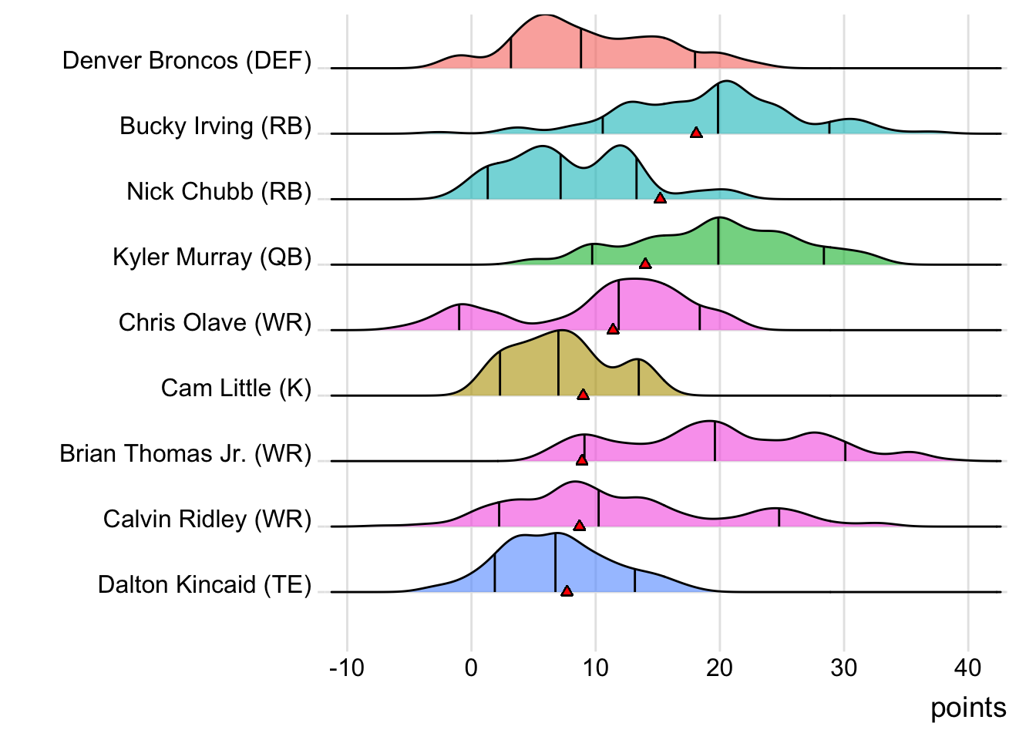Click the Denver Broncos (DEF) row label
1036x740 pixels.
click(187, 60)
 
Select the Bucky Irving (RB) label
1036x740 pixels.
click(215, 126)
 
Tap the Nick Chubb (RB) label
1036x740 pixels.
click(219, 191)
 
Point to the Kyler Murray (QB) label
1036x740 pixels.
click(212, 257)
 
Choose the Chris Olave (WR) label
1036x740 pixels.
click(215, 322)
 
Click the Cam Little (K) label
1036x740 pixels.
click(236, 388)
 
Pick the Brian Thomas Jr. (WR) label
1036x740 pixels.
click(185, 453)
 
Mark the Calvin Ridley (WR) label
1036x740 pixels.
click(207, 519)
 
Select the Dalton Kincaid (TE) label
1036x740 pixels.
click(204, 584)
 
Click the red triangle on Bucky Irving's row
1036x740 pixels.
click(696, 133)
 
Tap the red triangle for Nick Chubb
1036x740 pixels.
click(660, 198)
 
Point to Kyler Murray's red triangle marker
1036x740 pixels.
click(645, 264)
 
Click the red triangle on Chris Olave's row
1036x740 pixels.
click(613, 329)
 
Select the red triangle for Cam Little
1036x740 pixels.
click(584, 395)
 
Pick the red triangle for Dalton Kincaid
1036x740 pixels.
click(567, 591)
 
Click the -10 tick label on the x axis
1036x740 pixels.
click(346, 668)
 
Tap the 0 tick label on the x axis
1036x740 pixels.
click(471, 668)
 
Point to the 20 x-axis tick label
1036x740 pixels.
click(719, 668)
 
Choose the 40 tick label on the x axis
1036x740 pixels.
click(968, 668)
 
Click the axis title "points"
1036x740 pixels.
click(968, 708)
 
